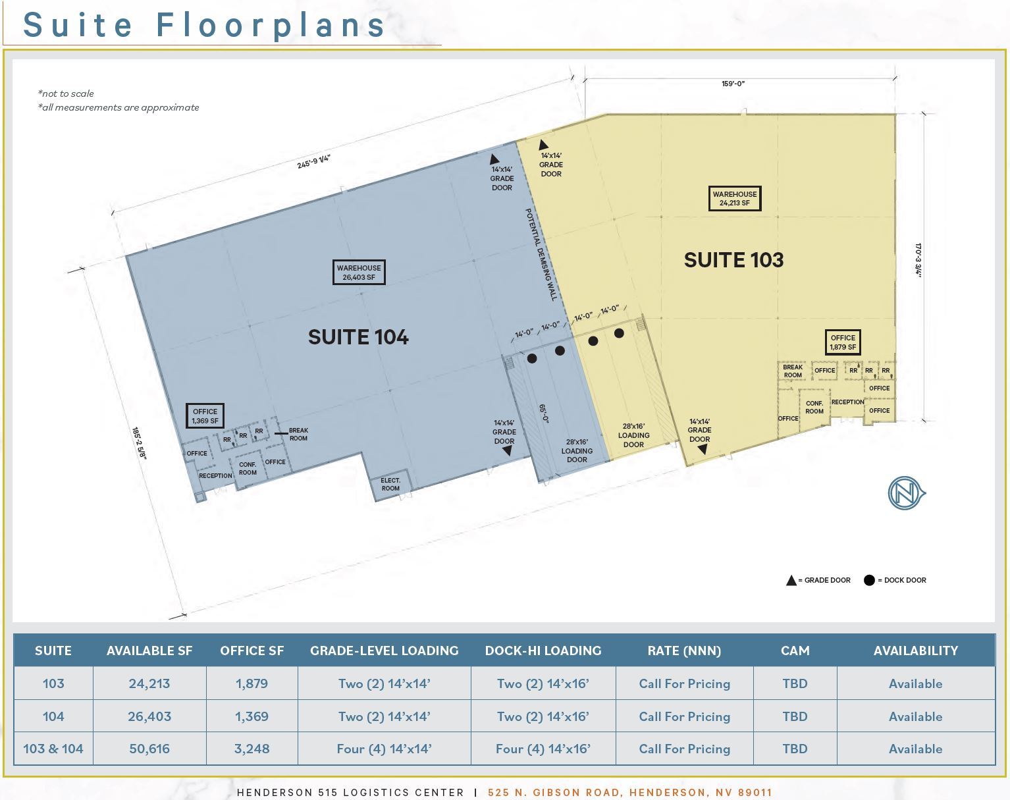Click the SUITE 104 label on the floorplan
[x=358, y=337]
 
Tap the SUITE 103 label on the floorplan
[x=733, y=260]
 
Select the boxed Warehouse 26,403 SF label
[x=359, y=273]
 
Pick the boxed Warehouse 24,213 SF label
[x=735, y=198]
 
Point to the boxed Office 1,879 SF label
[x=843, y=342]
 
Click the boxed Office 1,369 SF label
[x=205, y=416]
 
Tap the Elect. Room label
[x=390, y=485]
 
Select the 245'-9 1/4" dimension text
[x=314, y=161]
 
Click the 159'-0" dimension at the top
[x=733, y=84]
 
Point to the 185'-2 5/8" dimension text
[x=139, y=444]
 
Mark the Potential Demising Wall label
[x=541, y=255]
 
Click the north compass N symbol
[x=905, y=493]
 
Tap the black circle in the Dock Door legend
[x=869, y=580]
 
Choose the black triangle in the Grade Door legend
[x=791, y=580]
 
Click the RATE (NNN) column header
[x=684, y=651]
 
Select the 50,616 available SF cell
[x=149, y=749]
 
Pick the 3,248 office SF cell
[x=252, y=749]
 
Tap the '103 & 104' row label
[x=53, y=749]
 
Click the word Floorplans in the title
[x=271, y=25]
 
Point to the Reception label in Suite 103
[x=847, y=402]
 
